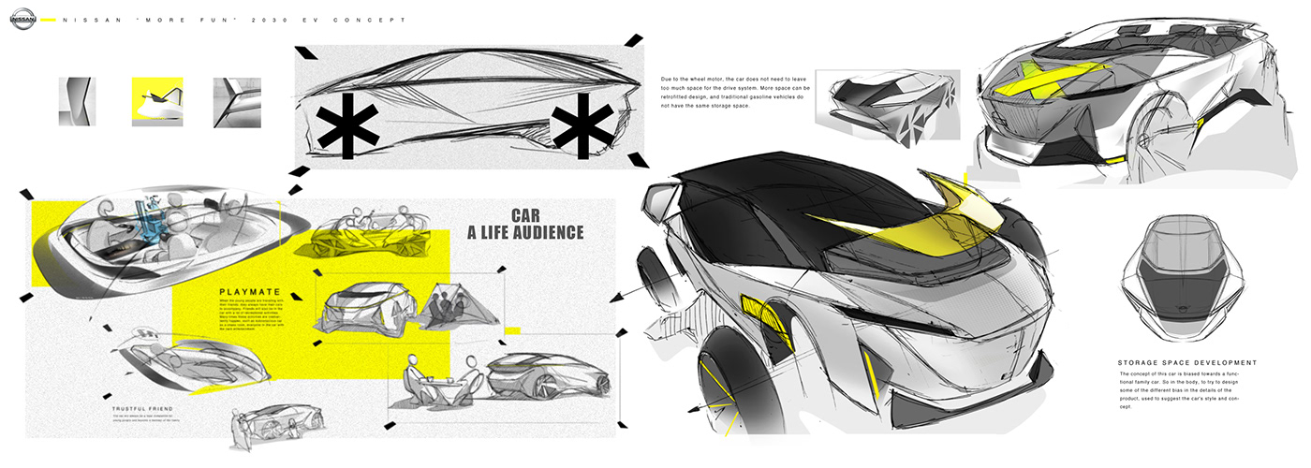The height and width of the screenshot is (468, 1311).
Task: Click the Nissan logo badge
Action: click(24, 19)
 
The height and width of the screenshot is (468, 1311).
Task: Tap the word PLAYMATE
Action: click(244, 290)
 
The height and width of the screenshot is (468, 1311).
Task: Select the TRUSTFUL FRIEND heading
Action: click(141, 409)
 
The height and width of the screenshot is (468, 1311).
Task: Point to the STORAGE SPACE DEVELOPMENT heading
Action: click(1186, 362)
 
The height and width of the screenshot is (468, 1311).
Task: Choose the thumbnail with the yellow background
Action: click(156, 101)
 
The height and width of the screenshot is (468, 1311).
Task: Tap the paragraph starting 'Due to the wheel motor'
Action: click(734, 98)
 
